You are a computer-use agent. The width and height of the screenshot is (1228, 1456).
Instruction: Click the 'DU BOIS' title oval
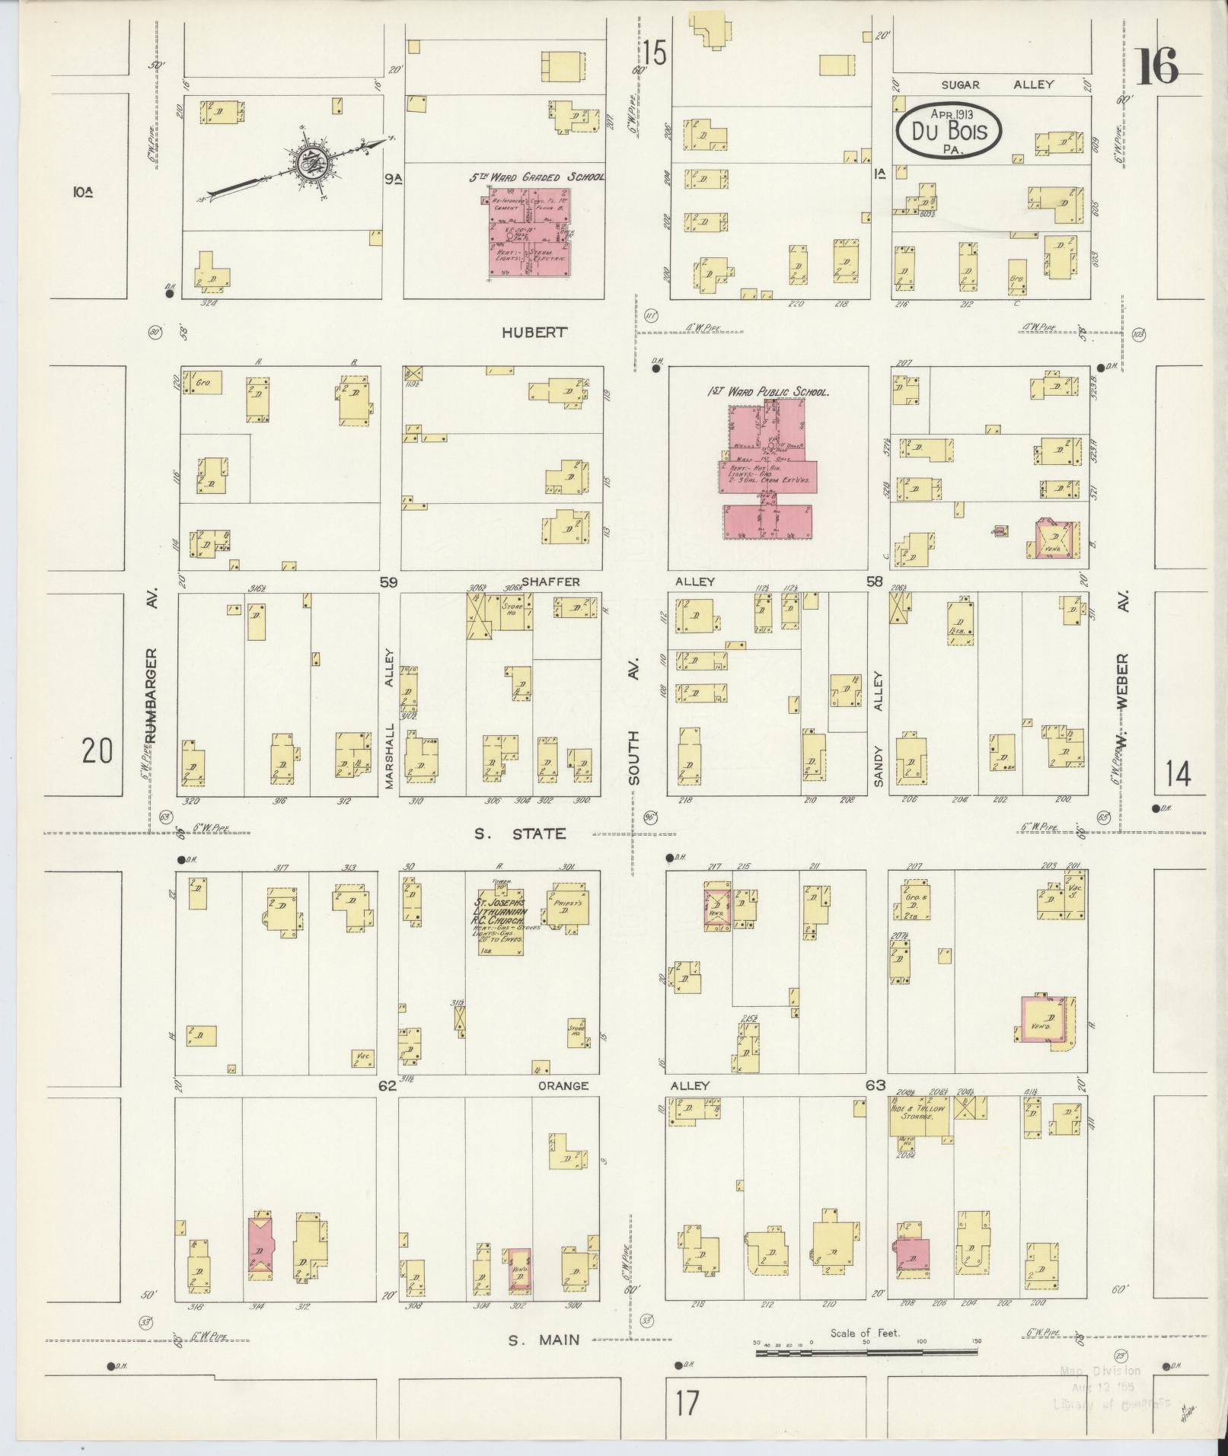pos(948,132)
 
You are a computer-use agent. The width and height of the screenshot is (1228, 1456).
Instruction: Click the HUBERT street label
pos(534,332)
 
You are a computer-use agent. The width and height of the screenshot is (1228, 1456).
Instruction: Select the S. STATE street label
pos(520,833)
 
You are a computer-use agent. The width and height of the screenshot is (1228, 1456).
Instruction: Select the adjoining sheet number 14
pos(1177,775)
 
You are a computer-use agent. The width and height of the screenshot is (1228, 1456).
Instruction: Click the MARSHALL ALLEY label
pos(391,718)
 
